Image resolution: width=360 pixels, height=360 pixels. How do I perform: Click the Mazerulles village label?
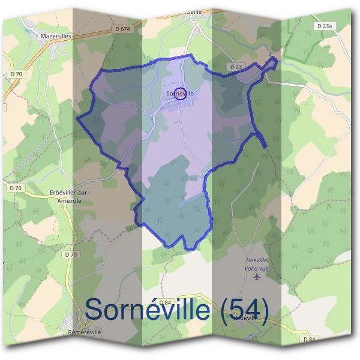click(56, 36)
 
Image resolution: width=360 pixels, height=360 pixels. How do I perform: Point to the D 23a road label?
click(323, 26)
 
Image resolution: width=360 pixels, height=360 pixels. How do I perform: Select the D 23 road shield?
click(235, 66)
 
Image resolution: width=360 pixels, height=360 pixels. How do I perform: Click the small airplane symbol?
click(258, 277)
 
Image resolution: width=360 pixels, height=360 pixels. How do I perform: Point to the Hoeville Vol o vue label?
click(257, 263)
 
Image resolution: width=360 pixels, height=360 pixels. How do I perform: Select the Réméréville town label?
click(85, 331)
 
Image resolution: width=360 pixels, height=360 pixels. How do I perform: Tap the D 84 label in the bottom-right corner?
click(309, 340)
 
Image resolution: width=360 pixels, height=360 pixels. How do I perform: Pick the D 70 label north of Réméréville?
click(70, 254)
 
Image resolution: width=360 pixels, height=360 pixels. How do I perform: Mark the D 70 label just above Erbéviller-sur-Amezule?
click(16, 188)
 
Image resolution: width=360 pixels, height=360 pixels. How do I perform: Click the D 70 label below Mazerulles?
click(16, 74)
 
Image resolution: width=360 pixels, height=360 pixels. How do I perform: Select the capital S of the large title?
click(95, 310)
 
